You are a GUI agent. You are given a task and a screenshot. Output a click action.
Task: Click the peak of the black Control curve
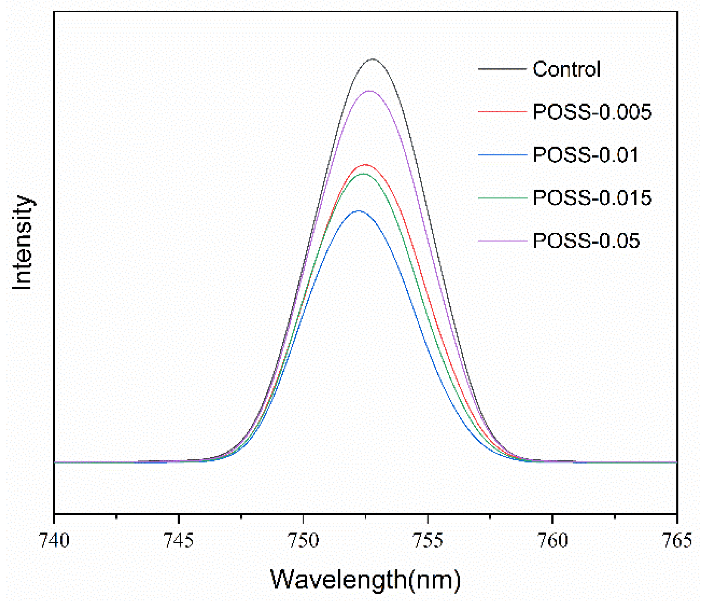(x=372, y=59)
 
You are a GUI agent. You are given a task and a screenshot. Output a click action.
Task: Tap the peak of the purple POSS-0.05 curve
(x=369, y=91)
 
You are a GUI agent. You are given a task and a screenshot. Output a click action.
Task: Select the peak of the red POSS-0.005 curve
(x=365, y=164)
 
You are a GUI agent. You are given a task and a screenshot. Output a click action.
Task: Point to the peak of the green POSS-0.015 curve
(x=363, y=174)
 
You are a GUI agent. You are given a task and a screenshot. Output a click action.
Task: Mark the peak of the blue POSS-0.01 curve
(x=359, y=211)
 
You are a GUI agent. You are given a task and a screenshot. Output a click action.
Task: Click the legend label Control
(x=566, y=69)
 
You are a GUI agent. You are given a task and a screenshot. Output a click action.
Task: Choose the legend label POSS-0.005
(x=592, y=112)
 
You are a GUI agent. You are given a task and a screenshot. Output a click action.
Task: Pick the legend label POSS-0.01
(x=585, y=155)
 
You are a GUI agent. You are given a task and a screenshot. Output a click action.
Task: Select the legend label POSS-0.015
(x=592, y=198)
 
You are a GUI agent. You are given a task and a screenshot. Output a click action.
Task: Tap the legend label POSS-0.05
(x=586, y=241)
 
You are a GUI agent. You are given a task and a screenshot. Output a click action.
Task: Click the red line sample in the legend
(x=502, y=112)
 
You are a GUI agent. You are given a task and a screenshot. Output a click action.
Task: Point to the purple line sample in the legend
(x=502, y=241)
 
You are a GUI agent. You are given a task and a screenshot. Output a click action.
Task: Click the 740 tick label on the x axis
(x=55, y=540)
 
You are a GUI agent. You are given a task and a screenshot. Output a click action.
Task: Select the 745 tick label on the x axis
(x=179, y=540)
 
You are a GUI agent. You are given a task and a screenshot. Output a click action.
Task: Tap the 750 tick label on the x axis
(x=303, y=540)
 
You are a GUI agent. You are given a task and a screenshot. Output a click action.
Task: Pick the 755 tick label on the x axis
(x=428, y=540)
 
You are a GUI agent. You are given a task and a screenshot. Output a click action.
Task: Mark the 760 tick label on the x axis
(x=552, y=540)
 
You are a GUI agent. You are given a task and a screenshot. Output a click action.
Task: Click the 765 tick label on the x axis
(x=677, y=540)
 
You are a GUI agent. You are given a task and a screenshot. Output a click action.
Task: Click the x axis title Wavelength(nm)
(x=365, y=580)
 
